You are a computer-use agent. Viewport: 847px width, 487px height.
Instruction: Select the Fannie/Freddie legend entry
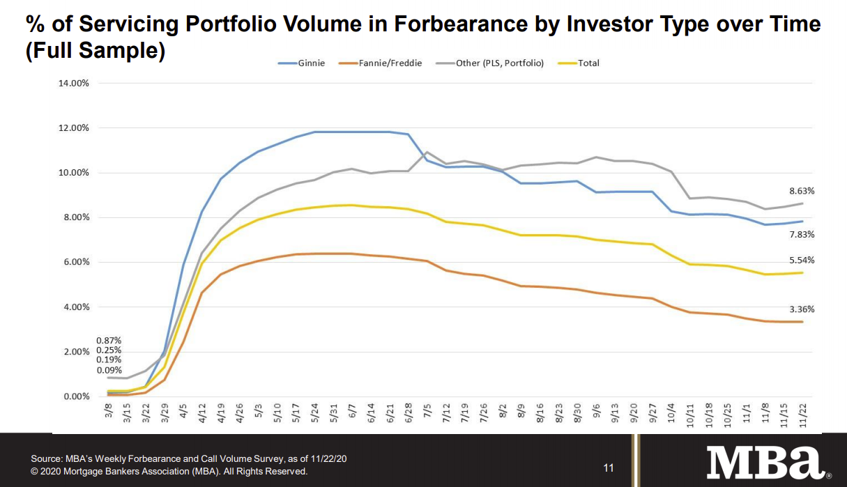(380, 63)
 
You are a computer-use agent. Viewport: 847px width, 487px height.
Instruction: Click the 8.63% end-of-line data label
(801, 191)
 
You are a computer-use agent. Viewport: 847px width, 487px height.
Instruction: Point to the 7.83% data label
(801, 235)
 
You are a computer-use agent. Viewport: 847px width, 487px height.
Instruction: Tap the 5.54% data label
(801, 261)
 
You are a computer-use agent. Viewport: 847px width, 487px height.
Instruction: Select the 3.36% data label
(801, 309)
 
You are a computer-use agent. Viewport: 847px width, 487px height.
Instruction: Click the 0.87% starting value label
(109, 340)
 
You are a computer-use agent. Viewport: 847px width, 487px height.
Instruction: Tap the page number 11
(609, 467)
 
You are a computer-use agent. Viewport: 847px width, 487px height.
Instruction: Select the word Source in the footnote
(47, 459)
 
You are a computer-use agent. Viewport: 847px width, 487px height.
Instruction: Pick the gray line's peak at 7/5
(427, 152)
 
